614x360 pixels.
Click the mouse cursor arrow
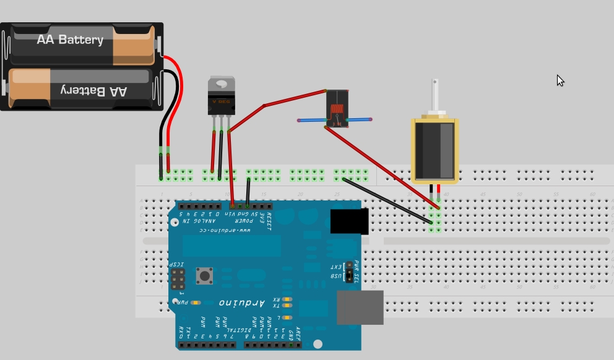[x=560, y=80]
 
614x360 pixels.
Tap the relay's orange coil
[x=337, y=110]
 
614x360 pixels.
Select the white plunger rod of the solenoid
[x=436, y=96]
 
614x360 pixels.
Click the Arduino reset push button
[x=204, y=275]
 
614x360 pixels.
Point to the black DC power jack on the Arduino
[x=349, y=221]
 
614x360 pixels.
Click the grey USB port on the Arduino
[x=360, y=307]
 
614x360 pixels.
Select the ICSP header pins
[x=178, y=280]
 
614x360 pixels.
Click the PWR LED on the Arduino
[x=196, y=302]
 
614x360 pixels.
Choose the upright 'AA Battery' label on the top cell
[x=70, y=40]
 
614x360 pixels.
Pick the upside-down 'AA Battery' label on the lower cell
[x=94, y=90]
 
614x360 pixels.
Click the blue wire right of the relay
[x=360, y=119]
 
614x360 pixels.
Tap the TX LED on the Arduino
[x=287, y=306]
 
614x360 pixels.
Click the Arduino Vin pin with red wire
[x=232, y=206]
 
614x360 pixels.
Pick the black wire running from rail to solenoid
[x=387, y=200]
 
